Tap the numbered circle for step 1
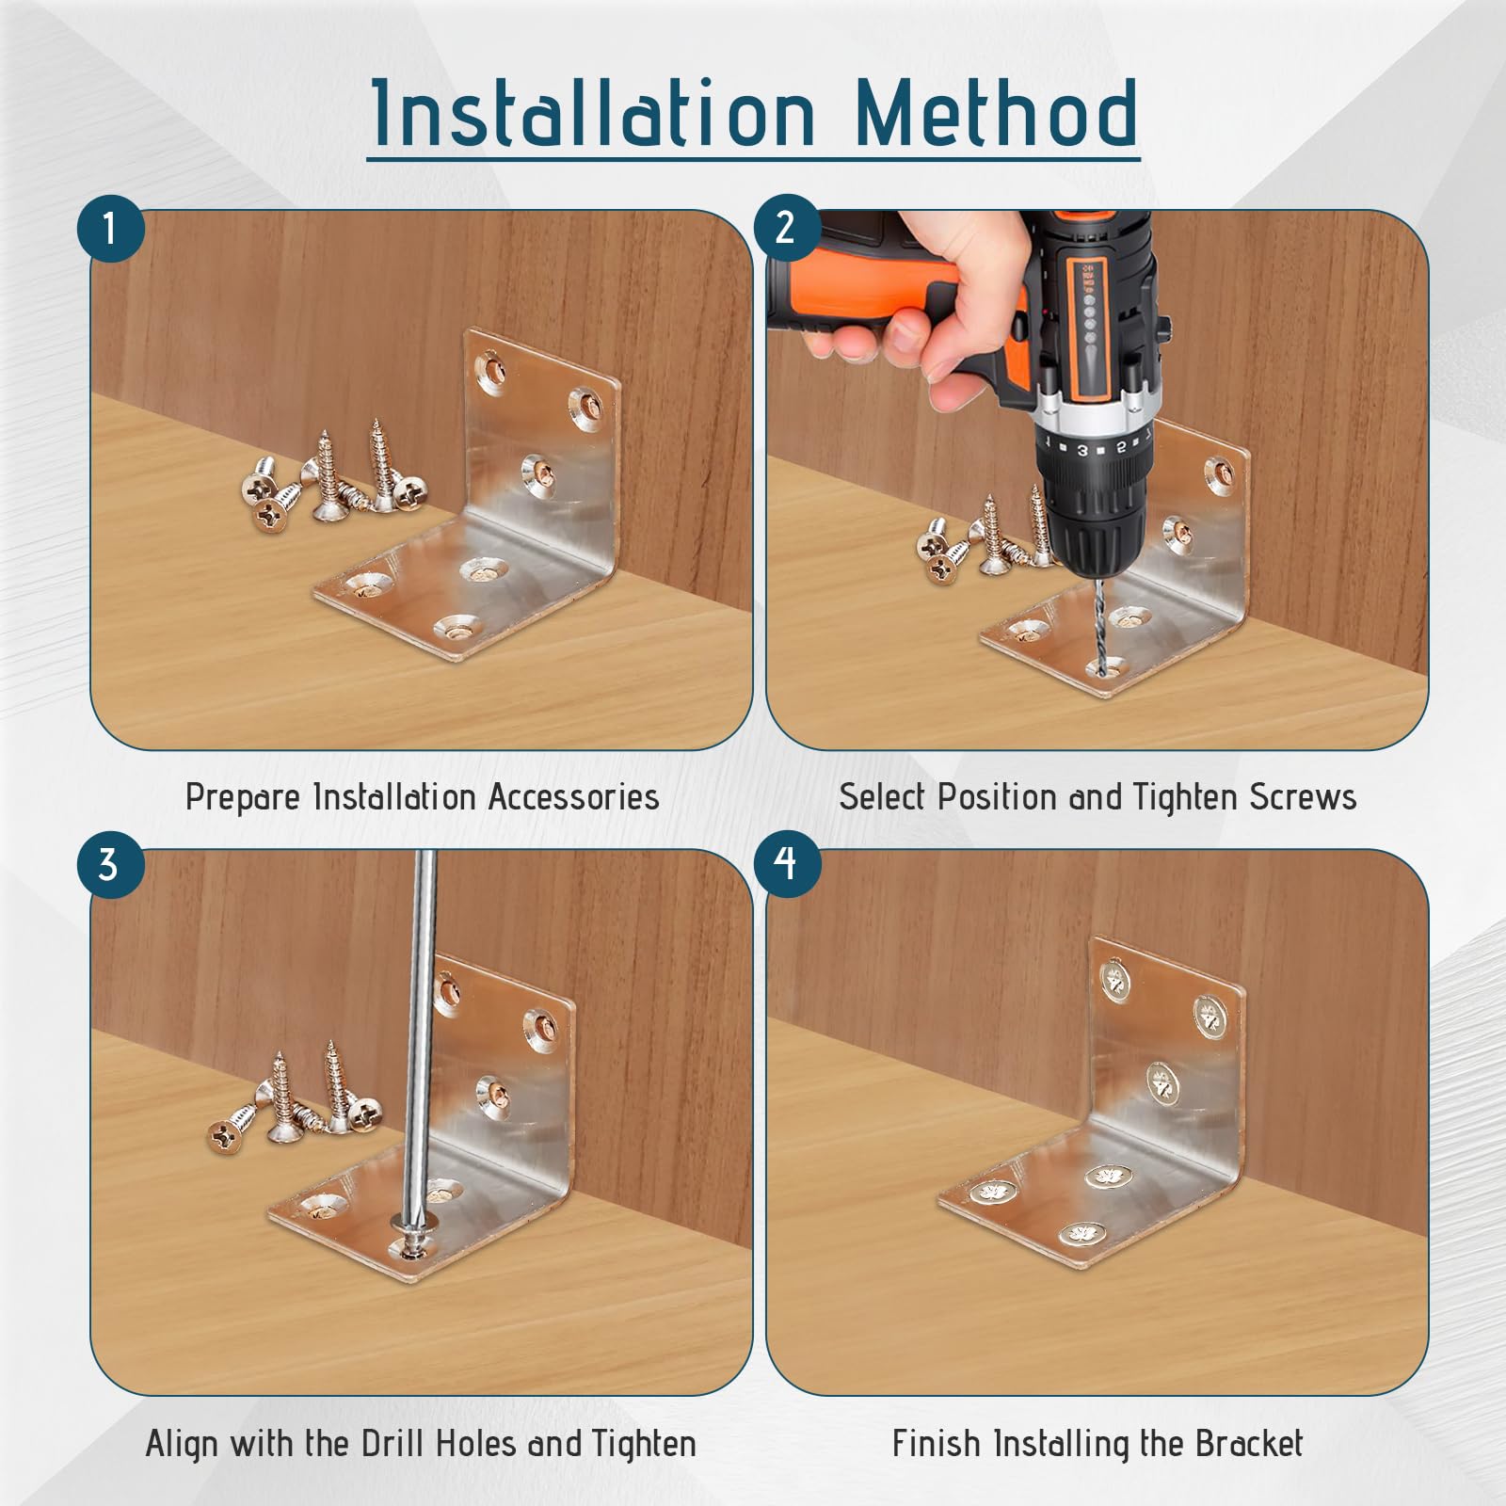[110, 229]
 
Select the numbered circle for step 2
[786, 229]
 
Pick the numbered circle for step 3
[110, 865]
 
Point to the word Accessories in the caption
[573, 797]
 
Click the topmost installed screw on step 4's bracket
[1114, 980]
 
